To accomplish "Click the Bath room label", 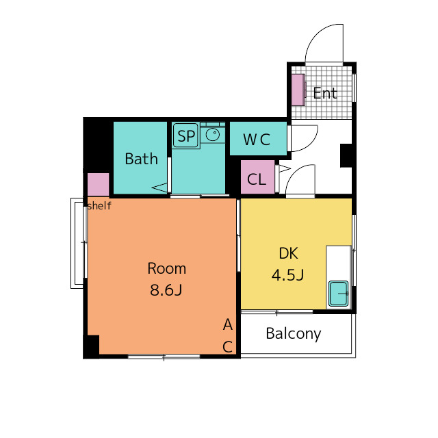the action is pyautogui.click(x=142, y=159).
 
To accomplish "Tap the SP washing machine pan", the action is pyautogui.click(x=186, y=136).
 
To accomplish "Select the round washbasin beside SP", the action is pyautogui.click(x=213, y=134).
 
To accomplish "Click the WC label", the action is pyautogui.click(x=257, y=139).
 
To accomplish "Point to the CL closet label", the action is pyautogui.click(x=257, y=179).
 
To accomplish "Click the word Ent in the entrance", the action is pyautogui.click(x=325, y=93).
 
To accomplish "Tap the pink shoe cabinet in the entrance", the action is pyautogui.click(x=298, y=90).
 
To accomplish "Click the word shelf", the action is pyautogui.click(x=99, y=206).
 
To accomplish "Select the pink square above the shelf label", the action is pyautogui.click(x=99, y=184).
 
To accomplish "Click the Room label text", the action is pyautogui.click(x=167, y=268).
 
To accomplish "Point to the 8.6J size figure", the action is pyautogui.click(x=166, y=289).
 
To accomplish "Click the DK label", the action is pyautogui.click(x=289, y=253).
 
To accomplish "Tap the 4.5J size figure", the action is pyautogui.click(x=287, y=274).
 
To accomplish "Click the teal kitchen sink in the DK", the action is pyautogui.click(x=339, y=294).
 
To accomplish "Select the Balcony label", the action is pyautogui.click(x=294, y=334).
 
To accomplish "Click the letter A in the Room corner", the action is pyautogui.click(x=228, y=324).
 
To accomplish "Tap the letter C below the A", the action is pyautogui.click(x=228, y=347).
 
